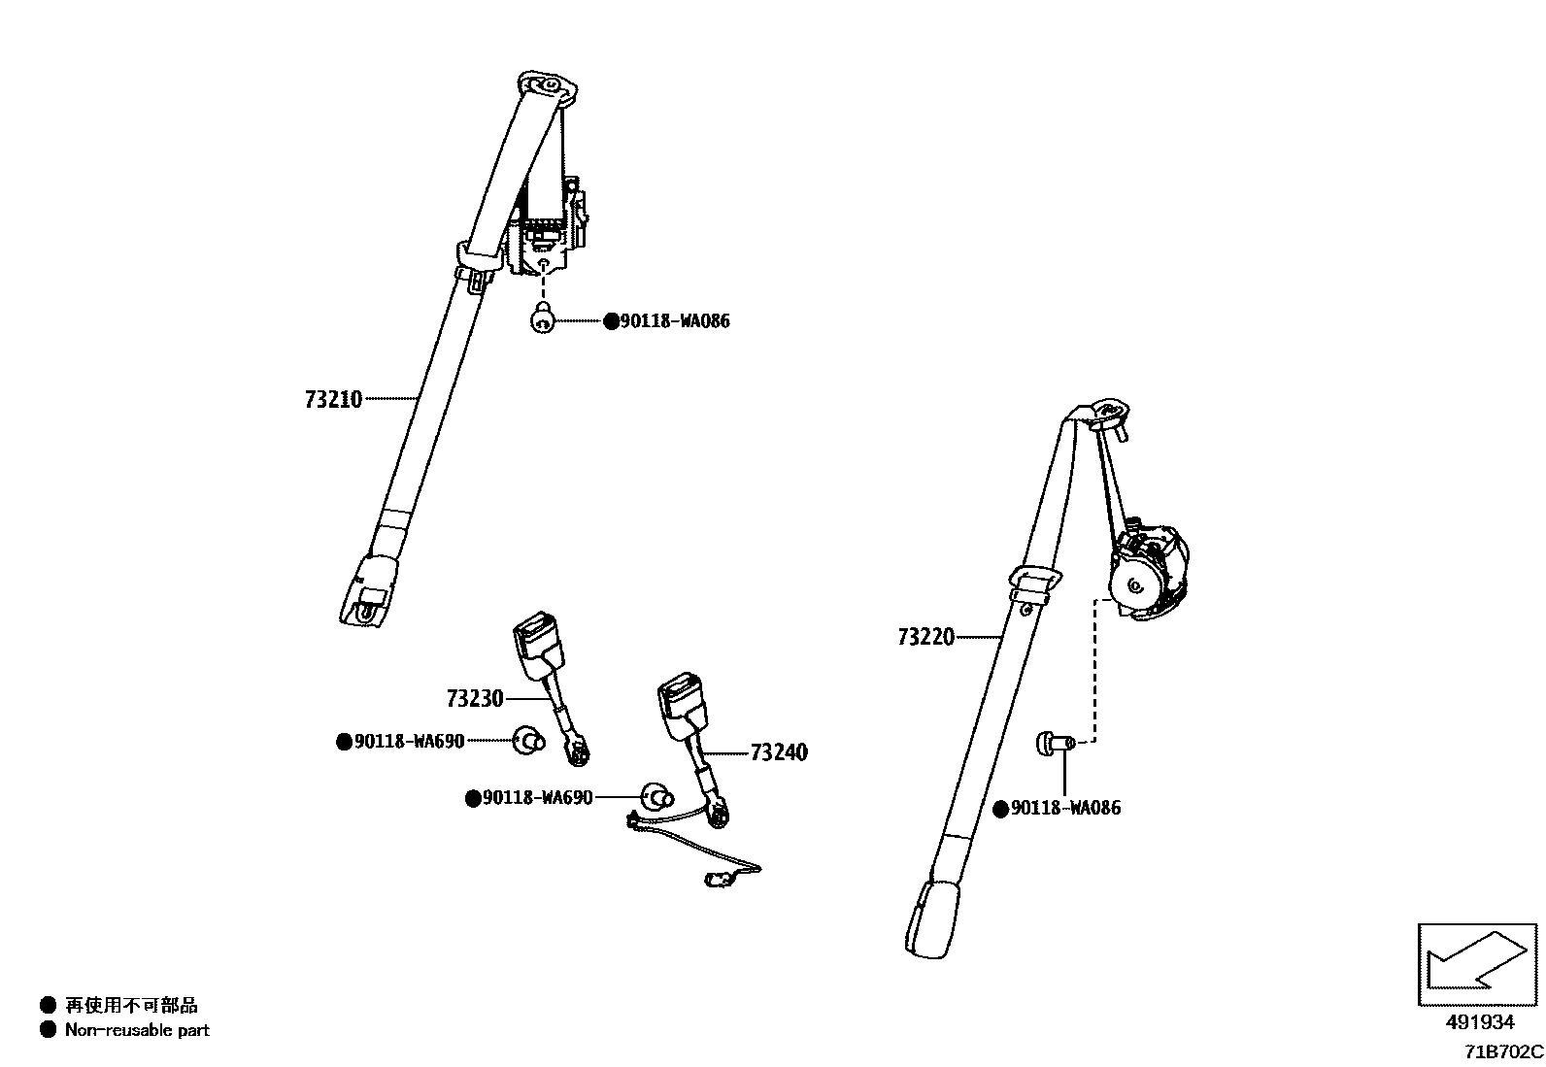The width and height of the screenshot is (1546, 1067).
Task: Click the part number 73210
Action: point(333,399)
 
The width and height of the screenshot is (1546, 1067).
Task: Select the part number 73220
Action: point(925,638)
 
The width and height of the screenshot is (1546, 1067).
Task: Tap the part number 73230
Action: point(475,698)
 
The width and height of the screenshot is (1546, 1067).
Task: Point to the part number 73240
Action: point(779,752)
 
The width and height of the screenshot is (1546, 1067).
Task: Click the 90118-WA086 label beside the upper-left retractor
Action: point(674,321)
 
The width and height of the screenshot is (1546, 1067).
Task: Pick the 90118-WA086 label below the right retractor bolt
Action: point(1065,808)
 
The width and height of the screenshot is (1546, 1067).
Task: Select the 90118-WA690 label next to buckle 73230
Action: point(409,742)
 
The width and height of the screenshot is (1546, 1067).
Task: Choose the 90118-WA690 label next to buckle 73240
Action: point(537,798)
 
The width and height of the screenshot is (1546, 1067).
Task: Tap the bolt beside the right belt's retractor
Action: point(1053,744)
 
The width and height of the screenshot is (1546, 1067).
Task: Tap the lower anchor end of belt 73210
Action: point(365,593)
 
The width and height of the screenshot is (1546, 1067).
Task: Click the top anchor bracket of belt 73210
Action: point(550,86)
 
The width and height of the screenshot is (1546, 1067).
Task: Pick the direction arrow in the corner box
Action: point(1476,965)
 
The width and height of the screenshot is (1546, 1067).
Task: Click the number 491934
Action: point(1479,1022)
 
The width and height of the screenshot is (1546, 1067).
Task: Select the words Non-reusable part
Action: point(137,1030)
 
